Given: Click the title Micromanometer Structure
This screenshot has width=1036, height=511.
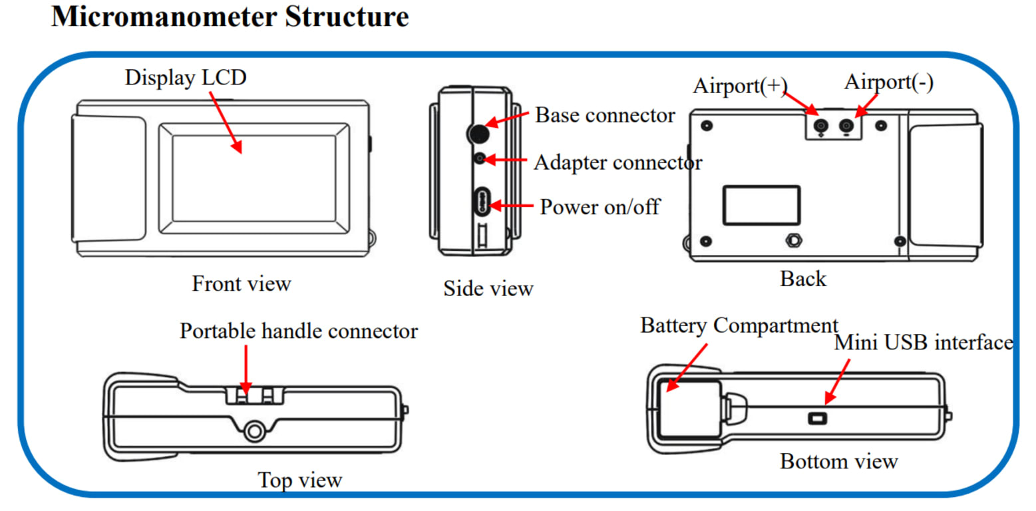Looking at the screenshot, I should pos(230,16).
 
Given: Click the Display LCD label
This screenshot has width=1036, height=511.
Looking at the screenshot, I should pos(186,78).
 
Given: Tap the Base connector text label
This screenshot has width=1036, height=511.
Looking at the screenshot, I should pos(605,115).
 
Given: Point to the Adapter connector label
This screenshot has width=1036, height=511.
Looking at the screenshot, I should pos(617,162).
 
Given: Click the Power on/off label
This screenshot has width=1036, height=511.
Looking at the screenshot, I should pos(599,207).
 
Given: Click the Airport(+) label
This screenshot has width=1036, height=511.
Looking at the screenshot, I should pos(740,85).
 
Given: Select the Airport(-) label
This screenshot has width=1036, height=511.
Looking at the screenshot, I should pos(889,83).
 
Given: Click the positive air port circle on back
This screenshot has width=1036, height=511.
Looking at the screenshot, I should pos(822,125).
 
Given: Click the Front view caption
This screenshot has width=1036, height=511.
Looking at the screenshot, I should pos(242,284).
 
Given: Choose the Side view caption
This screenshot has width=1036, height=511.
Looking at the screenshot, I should pos(488,289).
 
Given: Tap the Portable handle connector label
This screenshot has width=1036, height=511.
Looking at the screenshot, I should pos(299,331).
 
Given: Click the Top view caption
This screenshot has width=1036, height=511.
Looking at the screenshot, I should pos(299,480).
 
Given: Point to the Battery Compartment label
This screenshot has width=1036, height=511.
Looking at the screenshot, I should pos(739,325).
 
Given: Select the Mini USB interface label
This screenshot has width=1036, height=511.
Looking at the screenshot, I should pos(924,343).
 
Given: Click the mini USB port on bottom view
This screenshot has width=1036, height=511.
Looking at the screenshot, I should pos(817,418).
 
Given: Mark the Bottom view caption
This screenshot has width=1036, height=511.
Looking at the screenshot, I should pos(838,461).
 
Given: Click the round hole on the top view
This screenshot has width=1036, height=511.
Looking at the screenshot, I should pos(253,431).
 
